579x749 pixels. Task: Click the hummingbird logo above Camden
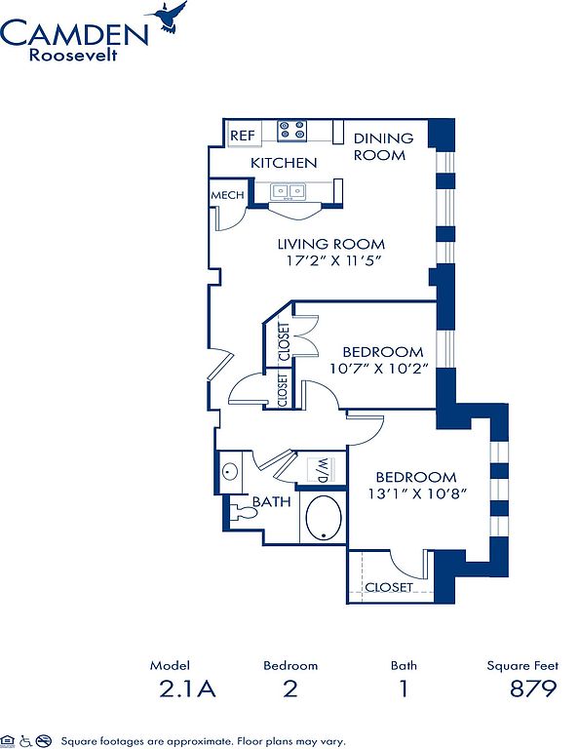point(168,17)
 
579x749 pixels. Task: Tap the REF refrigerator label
point(243,136)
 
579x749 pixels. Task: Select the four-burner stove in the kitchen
point(291,131)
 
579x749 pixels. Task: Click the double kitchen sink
point(288,192)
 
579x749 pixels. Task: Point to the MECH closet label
point(227,195)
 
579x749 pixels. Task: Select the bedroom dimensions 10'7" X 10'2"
point(378,369)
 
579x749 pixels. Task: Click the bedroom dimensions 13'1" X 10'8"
point(417,493)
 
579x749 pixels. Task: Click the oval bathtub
point(324,517)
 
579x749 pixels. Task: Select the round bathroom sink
point(230,472)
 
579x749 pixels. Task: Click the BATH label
point(271,501)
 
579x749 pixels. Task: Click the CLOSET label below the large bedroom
point(389,586)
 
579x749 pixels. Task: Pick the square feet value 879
point(532,689)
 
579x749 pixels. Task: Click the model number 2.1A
point(187,689)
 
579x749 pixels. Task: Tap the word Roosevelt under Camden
point(73,55)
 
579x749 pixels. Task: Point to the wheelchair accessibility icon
point(25,741)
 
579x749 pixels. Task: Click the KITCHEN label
point(284,163)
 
